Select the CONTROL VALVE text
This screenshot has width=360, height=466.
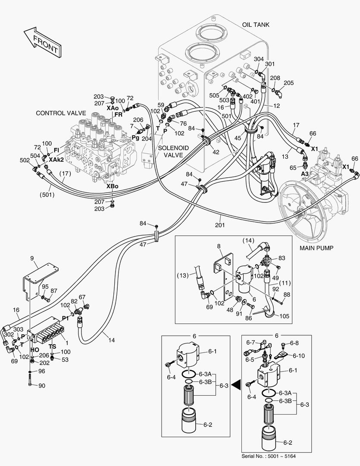click(x=61, y=113)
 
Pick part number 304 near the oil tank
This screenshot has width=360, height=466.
click(x=259, y=59)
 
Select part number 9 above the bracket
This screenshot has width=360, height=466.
click(x=31, y=258)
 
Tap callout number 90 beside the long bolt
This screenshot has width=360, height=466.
click(x=42, y=385)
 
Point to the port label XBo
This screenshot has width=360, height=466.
click(x=113, y=186)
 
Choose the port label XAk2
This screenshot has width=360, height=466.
click(x=56, y=159)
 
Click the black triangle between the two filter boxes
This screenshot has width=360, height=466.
click(x=235, y=383)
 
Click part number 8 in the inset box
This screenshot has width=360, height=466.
click(x=219, y=246)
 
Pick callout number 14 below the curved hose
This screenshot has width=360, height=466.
click(x=111, y=340)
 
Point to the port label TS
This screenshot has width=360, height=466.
click(x=52, y=346)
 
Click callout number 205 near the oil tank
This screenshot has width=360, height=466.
click(x=288, y=83)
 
